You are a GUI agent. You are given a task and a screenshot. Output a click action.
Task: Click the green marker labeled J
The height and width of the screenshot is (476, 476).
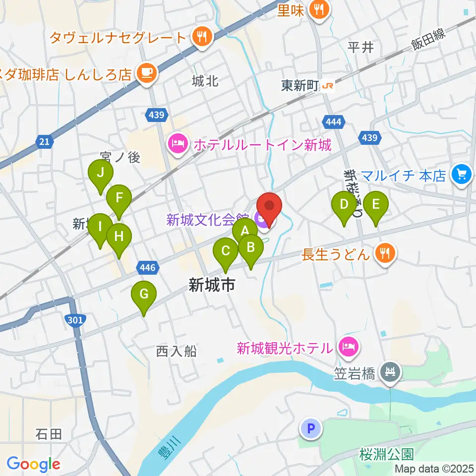[x=101, y=174]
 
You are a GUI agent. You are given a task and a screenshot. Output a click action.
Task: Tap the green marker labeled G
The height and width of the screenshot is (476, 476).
[x=144, y=295]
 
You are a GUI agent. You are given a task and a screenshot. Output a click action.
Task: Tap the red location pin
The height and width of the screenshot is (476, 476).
[x=269, y=206]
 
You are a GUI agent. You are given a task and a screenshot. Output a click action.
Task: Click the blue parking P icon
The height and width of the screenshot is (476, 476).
[x=311, y=428]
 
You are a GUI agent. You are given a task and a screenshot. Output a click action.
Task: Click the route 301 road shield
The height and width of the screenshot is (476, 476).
[x=74, y=320]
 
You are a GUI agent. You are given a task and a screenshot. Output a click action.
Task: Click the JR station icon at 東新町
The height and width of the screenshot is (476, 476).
[x=327, y=86]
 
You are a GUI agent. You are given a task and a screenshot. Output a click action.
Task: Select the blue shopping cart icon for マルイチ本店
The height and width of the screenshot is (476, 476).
[x=462, y=175]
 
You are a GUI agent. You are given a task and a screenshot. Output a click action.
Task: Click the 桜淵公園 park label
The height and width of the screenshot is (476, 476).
[x=387, y=454]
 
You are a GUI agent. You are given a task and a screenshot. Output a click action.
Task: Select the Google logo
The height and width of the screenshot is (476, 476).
[x=33, y=465]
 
